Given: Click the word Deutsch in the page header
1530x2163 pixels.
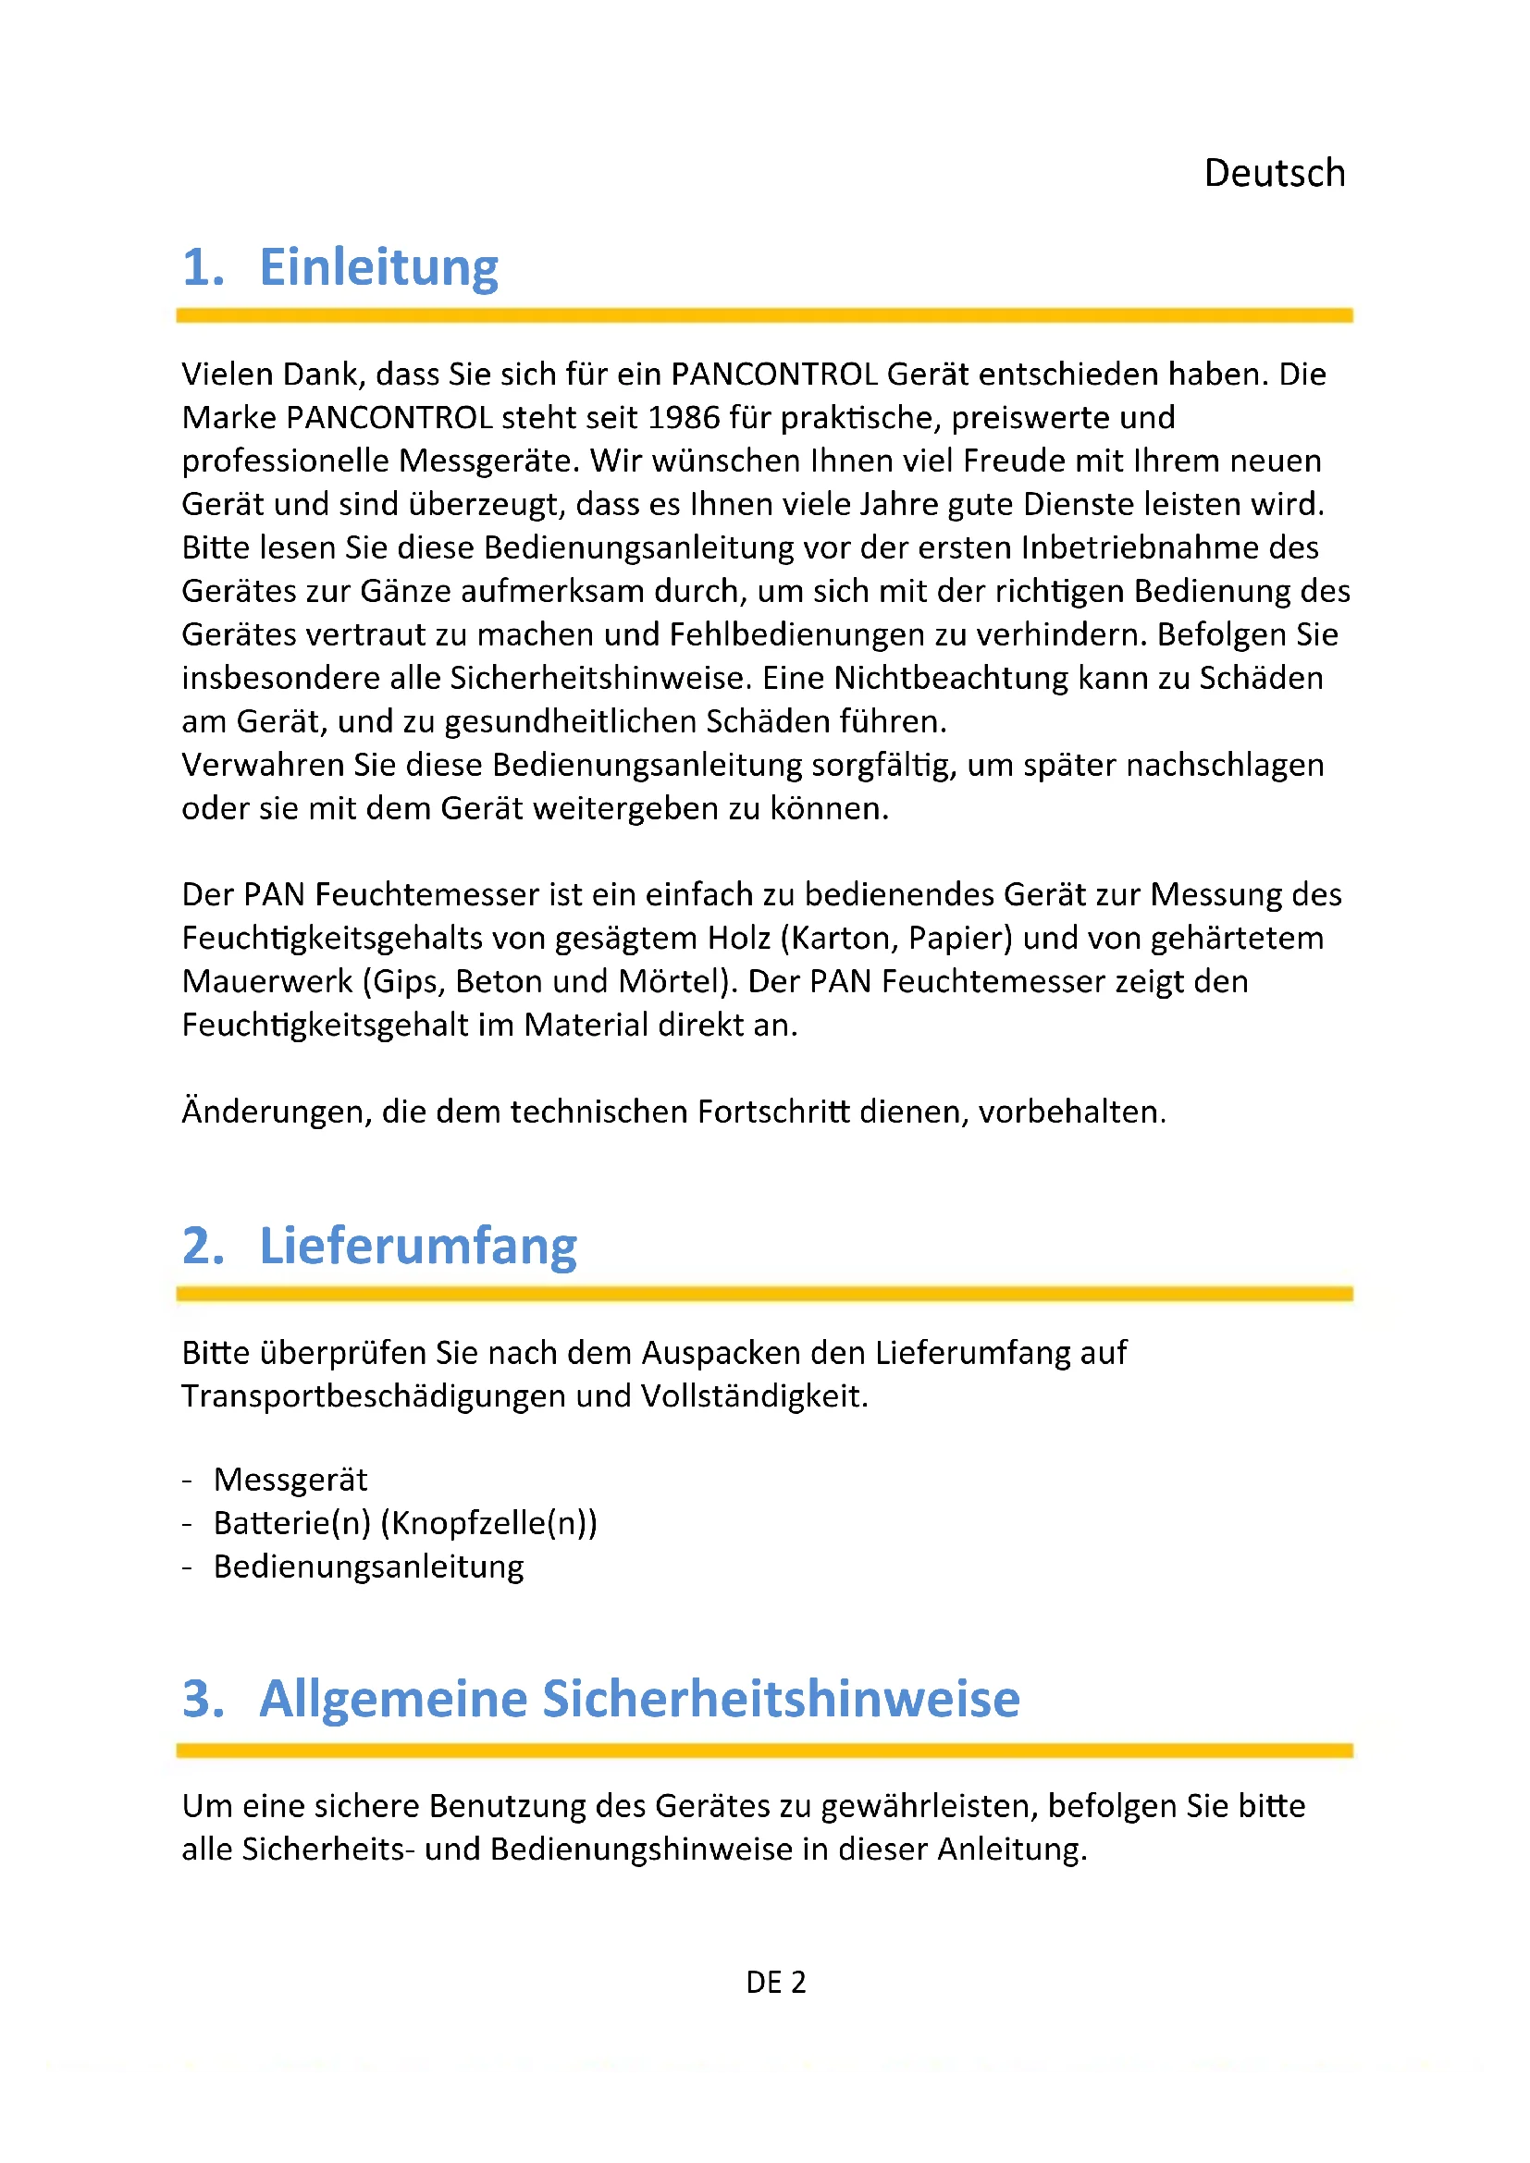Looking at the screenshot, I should [1274, 173].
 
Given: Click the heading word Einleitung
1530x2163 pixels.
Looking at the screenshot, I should [377, 267].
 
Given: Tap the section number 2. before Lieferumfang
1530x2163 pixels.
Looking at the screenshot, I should [203, 1247].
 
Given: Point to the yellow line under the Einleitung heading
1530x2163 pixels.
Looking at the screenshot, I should [764, 315].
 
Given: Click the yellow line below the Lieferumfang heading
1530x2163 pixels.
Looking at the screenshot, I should [764, 1295].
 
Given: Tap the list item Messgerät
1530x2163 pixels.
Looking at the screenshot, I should [290, 1480].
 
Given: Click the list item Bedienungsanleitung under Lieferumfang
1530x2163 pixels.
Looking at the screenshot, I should [368, 1567].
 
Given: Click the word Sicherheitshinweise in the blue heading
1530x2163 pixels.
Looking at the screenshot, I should [781, 1700].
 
